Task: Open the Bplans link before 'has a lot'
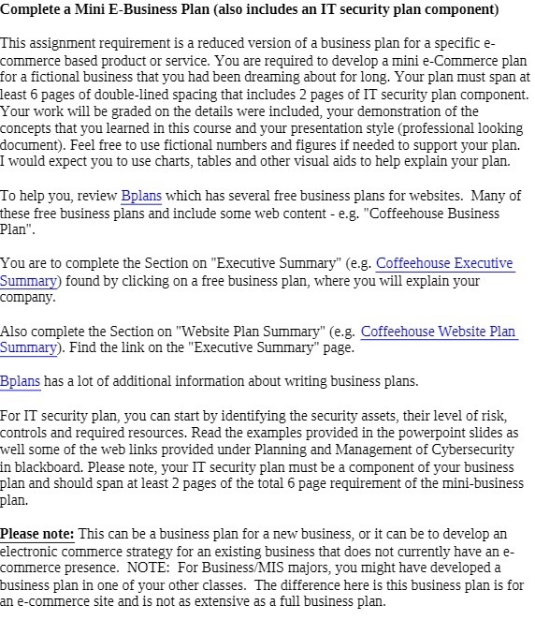pyautogui.click(x=21, y=381)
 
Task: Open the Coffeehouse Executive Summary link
pyautogui.click(x=444, y=264)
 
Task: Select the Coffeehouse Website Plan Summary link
pyautogui.click(x=438, y=331)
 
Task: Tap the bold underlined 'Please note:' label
pyautogui.click(x=37, y=534)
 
